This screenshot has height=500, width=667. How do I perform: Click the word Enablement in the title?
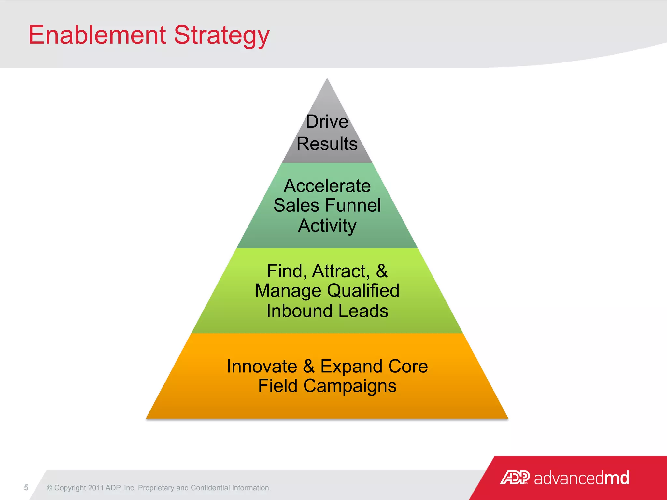click(x=97, y=35)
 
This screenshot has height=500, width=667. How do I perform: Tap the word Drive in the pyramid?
click(x=327, y=122)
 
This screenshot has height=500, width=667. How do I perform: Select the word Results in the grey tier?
click(x=327, y=144)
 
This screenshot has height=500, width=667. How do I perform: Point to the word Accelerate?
click(x=327, y=186)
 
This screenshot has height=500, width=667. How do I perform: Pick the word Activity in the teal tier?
click(x=327, y=226)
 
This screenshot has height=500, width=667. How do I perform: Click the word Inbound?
click(x=300, y=311)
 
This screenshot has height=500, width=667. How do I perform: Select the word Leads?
click(x=363, y=311)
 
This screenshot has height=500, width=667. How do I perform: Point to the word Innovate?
click(x=262, y=367)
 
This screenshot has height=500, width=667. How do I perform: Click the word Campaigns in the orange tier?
click(x=350, y=386)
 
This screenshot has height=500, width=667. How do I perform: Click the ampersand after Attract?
click(x=382, y=271)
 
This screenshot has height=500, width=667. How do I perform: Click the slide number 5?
click(x=26, y=487)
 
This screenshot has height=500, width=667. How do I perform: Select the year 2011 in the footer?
click(x=95, y=488)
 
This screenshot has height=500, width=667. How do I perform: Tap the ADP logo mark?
click(x=515, y=478)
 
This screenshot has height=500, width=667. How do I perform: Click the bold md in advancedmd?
click(x=617, y=478)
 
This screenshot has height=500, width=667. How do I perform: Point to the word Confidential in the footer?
click(x=210, y=488)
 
